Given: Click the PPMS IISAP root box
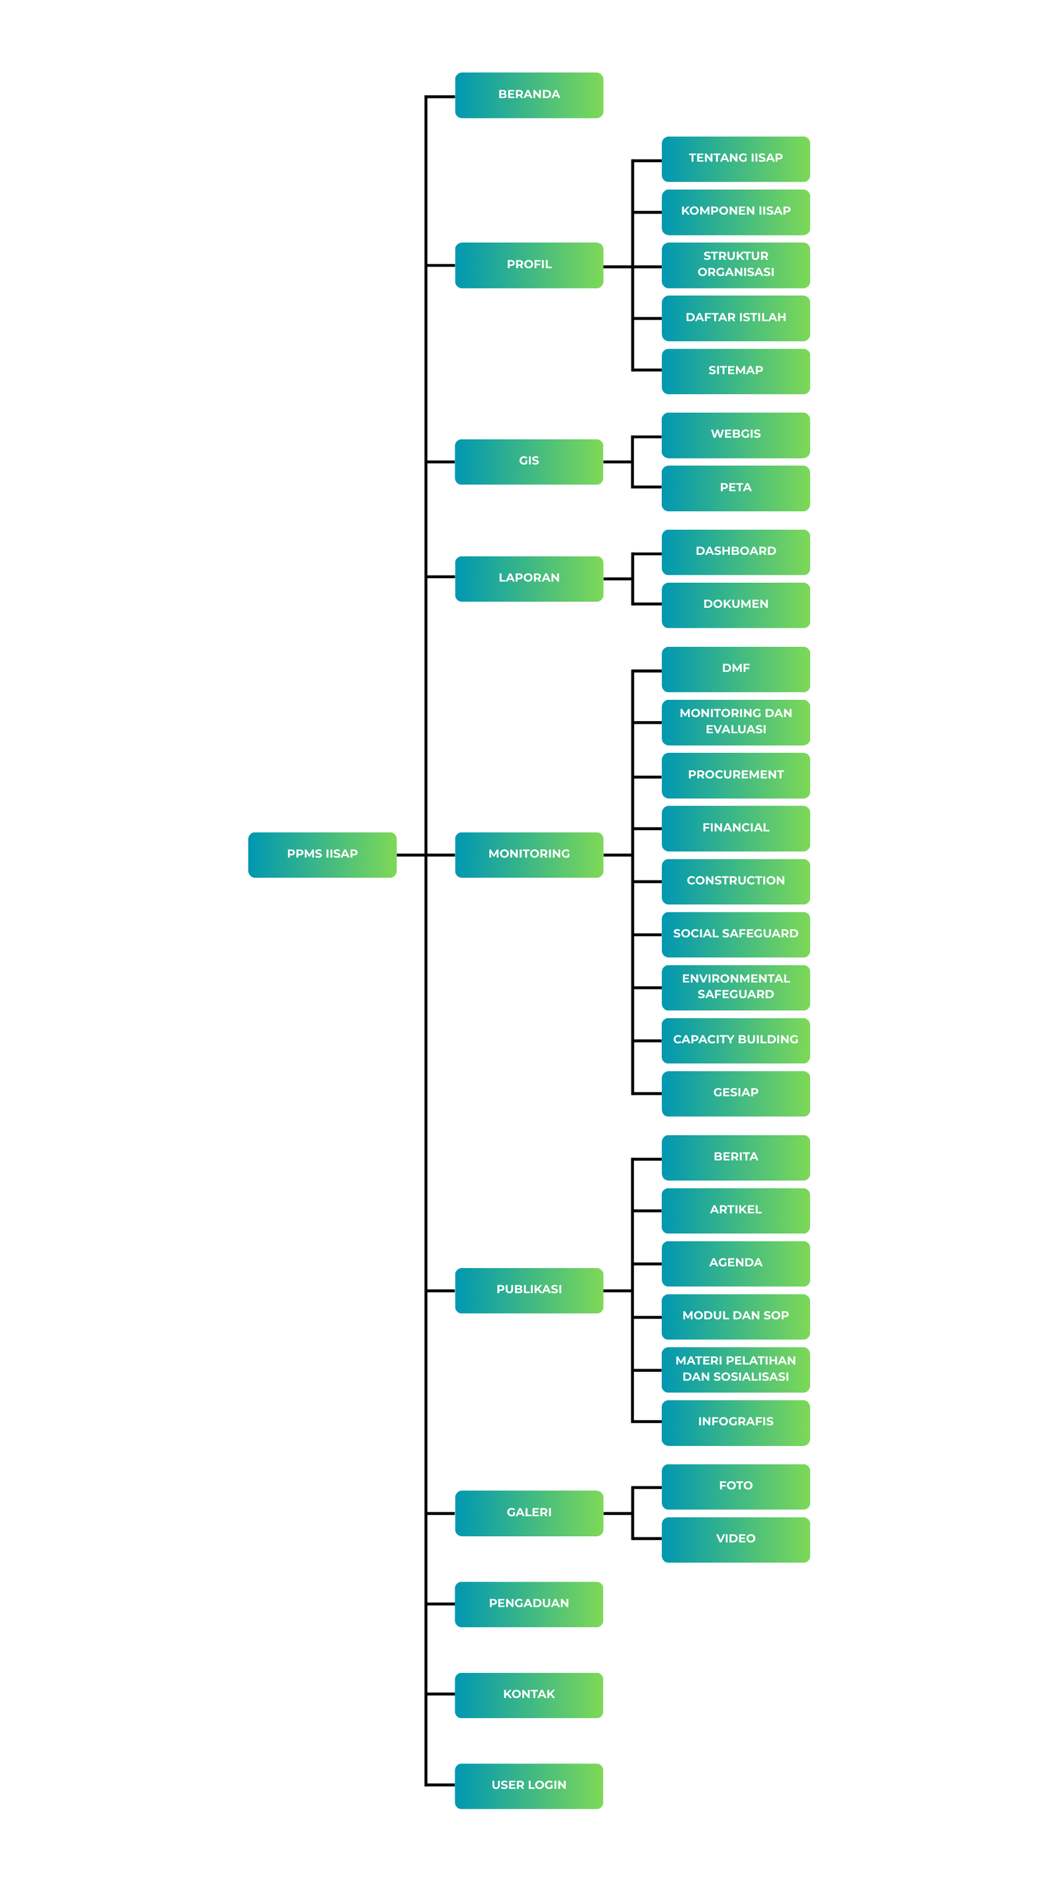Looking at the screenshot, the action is tap(322, 854).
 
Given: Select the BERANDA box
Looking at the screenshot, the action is tap(529, 95).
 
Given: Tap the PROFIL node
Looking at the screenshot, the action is tap(529, 265).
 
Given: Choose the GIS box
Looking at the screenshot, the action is tap(529, 462).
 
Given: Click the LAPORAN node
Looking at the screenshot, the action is tap(529, 579).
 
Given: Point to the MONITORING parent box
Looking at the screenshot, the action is tap(529, 854).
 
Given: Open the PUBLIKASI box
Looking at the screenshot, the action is tap(529, 1290).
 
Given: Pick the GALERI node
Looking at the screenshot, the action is tap(529, 1513).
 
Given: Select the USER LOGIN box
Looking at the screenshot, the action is tap(529, 1785).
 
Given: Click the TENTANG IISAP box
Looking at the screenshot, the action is tap(736, 159).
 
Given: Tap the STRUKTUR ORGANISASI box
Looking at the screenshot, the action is tap(736, 265).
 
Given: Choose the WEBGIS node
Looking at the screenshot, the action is tap(736, 435).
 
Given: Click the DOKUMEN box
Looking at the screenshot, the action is tap(736, 605).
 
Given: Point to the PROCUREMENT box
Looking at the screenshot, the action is tap(736, 775).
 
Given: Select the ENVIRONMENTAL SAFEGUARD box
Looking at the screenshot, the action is tap(736, 987).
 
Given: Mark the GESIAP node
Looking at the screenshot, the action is tap(736, 1093).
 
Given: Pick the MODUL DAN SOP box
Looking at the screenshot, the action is tap(736, 1316).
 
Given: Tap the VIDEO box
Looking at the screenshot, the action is tap(736, 1539).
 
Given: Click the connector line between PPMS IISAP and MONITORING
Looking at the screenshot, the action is tap(426, 855).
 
